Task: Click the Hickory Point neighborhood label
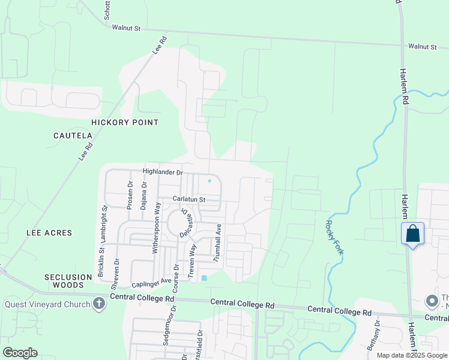click(125, 122)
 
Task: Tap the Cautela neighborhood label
click(73, 136)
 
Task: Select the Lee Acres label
click(49, 232)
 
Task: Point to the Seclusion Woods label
click(67, 281)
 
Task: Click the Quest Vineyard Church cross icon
click(100, 304)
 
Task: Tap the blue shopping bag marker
click(413, 233)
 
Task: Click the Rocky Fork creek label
click(334, 237)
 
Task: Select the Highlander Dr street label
click(162, 172)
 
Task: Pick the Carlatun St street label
click(189, 199)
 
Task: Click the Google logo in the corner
click(20, 353)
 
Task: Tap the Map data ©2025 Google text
click(412, 355)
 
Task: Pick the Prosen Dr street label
click(130, 194)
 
